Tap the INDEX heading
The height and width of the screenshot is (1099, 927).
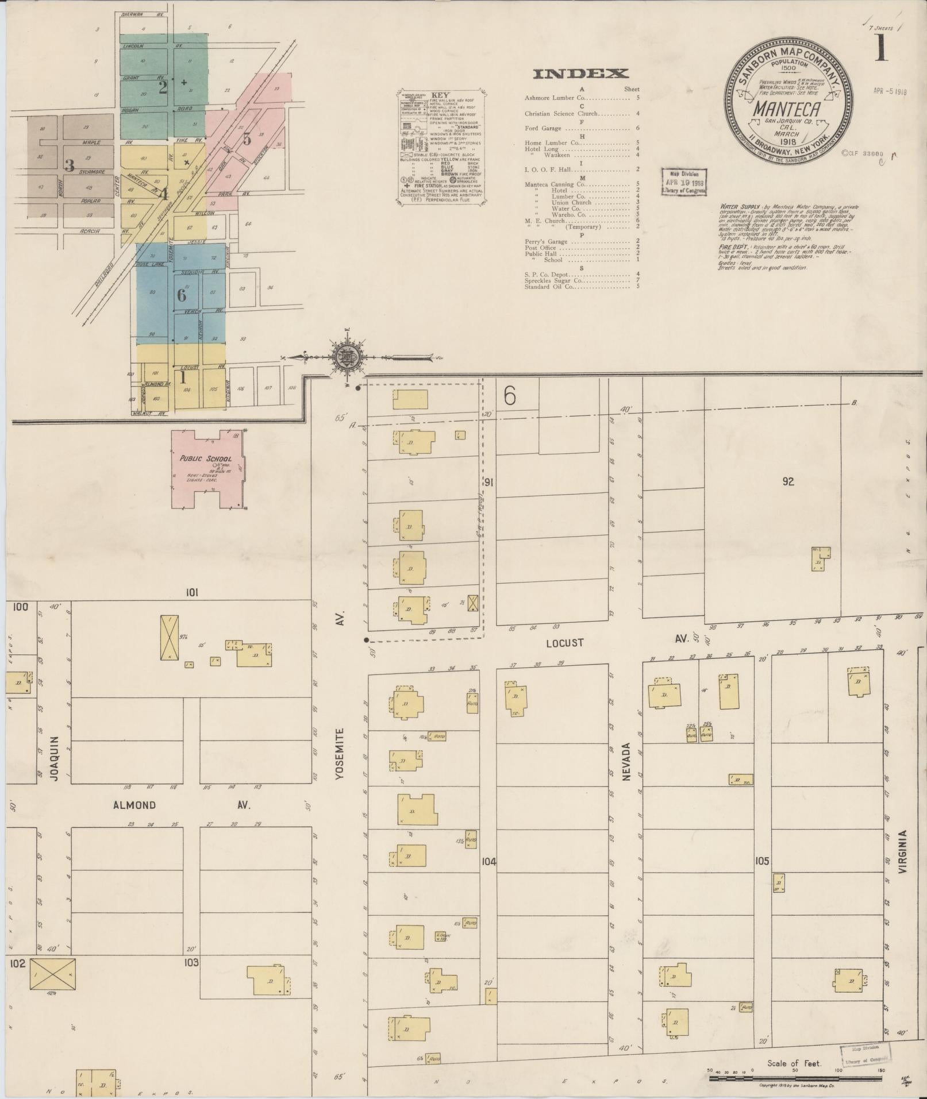point(580,74)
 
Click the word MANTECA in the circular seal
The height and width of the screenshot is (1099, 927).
point(787,108)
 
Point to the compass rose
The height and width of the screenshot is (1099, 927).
point(347,357)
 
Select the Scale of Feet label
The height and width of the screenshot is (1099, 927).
point(794,1063)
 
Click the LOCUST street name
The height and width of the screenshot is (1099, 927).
point(564,643)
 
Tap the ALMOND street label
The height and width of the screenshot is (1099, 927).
point(134,805)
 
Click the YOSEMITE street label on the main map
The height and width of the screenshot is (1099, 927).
point(340,754)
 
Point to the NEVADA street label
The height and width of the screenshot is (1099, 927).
point(626,761)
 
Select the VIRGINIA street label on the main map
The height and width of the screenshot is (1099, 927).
point(904,858)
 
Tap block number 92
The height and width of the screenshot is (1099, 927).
point(787,481)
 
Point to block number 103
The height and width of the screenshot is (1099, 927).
point(191,962)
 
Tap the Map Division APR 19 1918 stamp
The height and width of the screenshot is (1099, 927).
point(683,182)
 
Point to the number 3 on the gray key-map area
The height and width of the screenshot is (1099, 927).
point(70,166)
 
